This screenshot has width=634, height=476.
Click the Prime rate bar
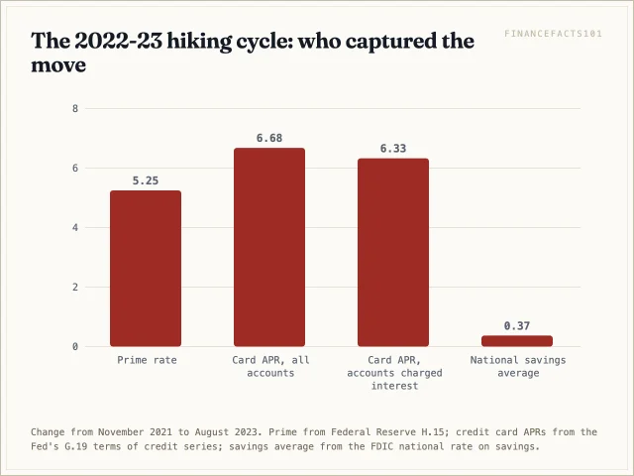point(146,269)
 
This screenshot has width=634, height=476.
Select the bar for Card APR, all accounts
point(269,247)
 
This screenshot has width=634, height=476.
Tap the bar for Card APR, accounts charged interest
point(393,252)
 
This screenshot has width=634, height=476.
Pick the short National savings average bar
point(517,341)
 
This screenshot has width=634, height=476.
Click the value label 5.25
point(146,180)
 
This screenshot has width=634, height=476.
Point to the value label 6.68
point(269,138)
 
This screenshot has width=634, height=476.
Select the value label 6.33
point(393,149)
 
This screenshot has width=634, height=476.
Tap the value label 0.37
point(517,326)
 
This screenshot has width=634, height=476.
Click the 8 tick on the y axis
point(75,108)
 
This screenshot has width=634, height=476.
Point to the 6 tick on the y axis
point(75,168)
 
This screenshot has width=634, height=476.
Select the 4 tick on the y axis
point(75,227)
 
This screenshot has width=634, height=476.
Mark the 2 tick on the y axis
point(75,287)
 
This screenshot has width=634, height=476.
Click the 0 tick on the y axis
point(75,346)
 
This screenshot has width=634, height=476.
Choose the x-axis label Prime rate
point(147,360)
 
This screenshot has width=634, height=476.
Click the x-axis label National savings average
point(518,366)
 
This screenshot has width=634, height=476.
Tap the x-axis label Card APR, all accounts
point(270,366)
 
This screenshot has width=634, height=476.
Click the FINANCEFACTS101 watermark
point(553,34)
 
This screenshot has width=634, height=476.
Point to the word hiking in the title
point(200,42)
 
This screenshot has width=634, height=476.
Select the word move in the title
point(58,65)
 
